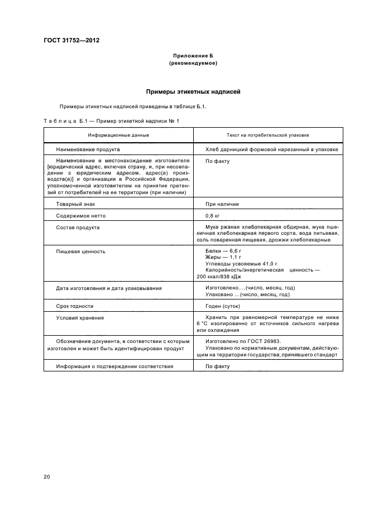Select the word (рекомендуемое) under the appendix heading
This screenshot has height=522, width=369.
(193, 63)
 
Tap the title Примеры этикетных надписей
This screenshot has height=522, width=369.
(193, 91)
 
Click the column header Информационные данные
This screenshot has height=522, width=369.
(118, 135)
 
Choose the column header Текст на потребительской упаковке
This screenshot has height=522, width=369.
(268, 135)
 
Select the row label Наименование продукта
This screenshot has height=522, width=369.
(88, 149)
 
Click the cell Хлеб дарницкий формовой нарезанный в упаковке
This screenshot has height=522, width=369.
(271, 149)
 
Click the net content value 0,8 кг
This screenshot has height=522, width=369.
(213, 215)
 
